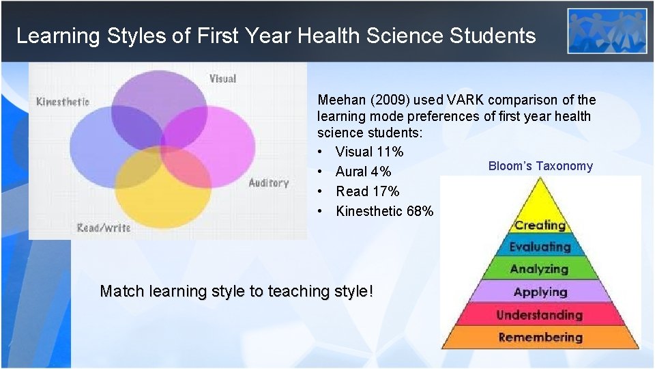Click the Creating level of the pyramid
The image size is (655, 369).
point(540,224)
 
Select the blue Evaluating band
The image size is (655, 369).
point(540,247)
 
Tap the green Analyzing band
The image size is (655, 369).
point(540,269)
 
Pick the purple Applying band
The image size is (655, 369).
point(540,292)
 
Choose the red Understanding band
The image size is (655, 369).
point(540,315)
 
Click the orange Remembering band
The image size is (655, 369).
point(540,338)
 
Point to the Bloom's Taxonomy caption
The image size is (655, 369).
point(540,166)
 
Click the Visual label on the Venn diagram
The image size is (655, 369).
point(222,79)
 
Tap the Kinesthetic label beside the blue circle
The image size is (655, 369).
point(63,102)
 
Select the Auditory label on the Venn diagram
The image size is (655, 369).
point(268,183)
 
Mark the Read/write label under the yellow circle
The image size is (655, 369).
point(104,228)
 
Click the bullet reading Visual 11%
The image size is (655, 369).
point(369,152)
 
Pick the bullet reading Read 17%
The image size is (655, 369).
point(367,191)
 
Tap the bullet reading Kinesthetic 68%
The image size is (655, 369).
point(384,211)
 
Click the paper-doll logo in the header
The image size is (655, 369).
point(607,31)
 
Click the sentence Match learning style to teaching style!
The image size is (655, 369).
point(237,291)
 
